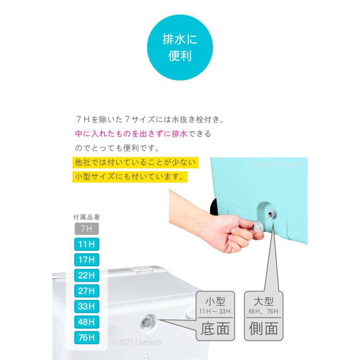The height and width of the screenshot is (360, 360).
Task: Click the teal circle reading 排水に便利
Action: [x=179, y=48]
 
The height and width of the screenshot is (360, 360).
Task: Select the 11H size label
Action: [x=86, y=245]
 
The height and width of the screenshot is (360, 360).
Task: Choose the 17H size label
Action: [x=86, y=260]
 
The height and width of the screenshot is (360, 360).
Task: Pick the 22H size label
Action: [x=86, y=275]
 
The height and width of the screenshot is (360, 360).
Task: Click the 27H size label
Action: [x=86, y=291]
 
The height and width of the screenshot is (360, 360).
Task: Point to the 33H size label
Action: [x=86, y=306]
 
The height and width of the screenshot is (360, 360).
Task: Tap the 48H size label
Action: [x=86, y=322]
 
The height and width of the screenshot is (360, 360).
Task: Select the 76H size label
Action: [x=86, y=337]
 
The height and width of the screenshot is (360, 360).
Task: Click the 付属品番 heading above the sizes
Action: [x=86, y=217]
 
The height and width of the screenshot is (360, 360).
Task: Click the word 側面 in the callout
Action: [x=264, y=329]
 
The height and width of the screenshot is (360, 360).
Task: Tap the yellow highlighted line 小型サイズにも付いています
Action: [x=130, y=177]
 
